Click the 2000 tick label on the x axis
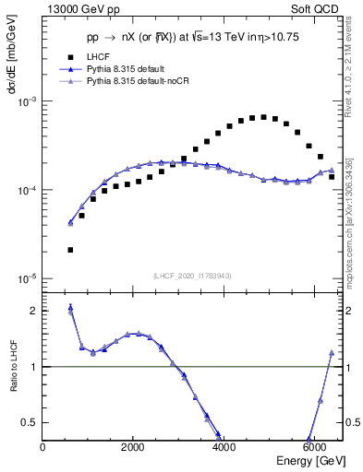[133, 447]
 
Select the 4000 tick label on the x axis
[224, 447]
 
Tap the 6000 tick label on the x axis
[314, 447]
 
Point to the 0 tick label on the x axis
[42, 447]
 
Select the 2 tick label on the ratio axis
[33, 311]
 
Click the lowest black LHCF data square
[70, 250]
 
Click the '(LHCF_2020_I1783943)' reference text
[191, 276]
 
